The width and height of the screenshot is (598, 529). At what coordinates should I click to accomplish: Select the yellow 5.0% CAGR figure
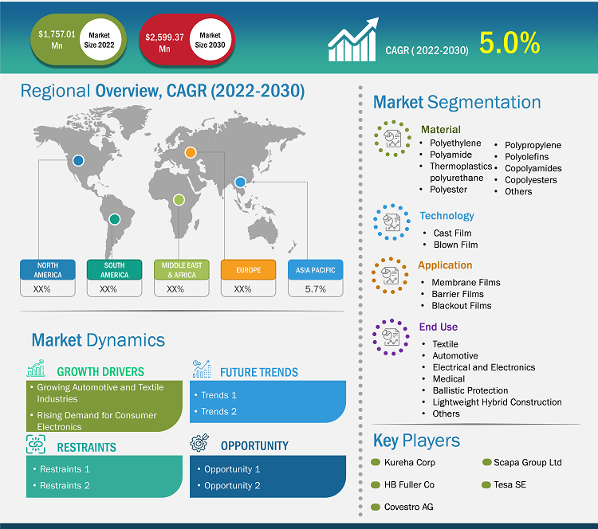pos(509,43)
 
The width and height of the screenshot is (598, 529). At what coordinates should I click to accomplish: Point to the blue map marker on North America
pos(78,160)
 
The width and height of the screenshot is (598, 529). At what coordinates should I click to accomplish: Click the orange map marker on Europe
pos(191,152)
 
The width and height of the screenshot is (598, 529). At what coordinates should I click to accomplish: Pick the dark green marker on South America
pos(114,218)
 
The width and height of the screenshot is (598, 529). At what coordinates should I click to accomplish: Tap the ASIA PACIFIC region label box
pos(316,269)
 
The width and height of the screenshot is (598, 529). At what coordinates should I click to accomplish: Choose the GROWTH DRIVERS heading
pos(100,371)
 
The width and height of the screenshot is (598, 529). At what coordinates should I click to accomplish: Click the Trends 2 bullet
pos(219,411)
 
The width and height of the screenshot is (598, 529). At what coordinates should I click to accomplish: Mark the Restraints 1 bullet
pos(65,469)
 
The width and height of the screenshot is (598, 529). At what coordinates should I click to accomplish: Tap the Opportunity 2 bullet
pos(232,485)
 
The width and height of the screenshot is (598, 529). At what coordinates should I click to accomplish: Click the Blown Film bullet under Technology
pos(455,245)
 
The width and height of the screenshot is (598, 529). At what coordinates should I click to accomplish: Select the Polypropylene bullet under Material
pos(533,145)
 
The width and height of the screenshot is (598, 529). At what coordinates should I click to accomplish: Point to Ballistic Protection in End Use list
pos(470,390)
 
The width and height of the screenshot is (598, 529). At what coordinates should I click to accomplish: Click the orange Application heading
pos(445,265)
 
